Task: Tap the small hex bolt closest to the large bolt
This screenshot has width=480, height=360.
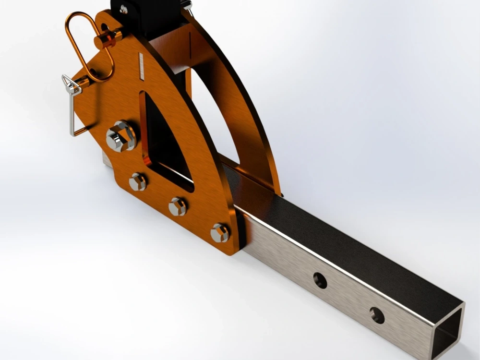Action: tap(138, 182)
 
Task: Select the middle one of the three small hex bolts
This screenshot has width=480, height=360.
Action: tap(178, 206)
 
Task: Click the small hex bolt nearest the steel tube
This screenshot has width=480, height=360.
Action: tap(219, 233)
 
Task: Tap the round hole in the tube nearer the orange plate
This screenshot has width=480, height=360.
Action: tap(320, 280)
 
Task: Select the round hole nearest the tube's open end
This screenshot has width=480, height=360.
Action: tap(377, 315)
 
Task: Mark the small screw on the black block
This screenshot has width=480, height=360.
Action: tap(124, 8)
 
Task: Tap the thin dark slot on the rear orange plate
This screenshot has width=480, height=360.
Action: tap(191, 46)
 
